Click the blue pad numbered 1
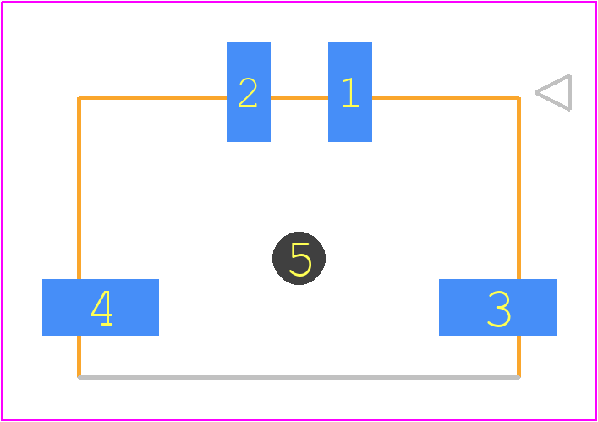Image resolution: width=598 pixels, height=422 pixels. tap(350, 92)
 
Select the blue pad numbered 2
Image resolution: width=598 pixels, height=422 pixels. tap(249, 92)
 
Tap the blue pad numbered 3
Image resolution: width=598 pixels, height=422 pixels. tap(497, 307)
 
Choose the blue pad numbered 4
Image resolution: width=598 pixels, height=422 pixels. tap(101, 307)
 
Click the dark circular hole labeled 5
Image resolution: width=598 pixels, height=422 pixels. tap(299, 258)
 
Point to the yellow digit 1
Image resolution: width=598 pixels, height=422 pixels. tap(351, 92)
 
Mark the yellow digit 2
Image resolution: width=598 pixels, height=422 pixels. tap(248, 92)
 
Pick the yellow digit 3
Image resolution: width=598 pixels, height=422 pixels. tap(499, 309)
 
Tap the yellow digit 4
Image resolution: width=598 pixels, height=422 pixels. tap(101, 308)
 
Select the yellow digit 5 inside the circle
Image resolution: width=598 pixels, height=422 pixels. tap(300, 260)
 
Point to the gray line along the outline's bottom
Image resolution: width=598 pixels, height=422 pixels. tap(299, 377)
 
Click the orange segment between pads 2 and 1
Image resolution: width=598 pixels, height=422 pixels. tap(299, 98)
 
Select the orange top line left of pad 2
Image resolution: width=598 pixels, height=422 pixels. tap(152, 98)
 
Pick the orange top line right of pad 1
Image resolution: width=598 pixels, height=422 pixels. tap(446, 98)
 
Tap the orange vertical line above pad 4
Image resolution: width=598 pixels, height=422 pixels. tap(79, 189)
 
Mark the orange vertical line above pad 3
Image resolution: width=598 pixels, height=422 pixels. tap(518, 189)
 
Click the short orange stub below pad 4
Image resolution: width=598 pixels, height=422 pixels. tap(79, 356)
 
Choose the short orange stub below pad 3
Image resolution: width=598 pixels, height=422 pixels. tap(518, 356)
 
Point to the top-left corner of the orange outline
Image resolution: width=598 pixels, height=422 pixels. tap(79, 98)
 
